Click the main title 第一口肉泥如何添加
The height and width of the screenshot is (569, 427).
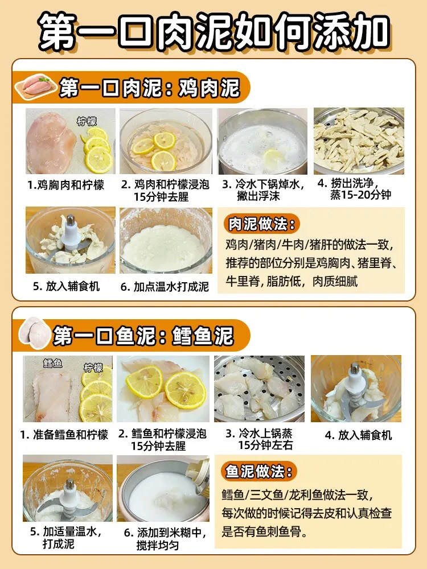coord(214,32)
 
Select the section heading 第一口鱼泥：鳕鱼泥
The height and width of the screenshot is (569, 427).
coord(143,336)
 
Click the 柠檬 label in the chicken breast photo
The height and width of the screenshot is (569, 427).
coord(87,121)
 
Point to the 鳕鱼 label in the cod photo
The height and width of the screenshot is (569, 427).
coord(52,363)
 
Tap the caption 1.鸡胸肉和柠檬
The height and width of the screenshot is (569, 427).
coord(65,185)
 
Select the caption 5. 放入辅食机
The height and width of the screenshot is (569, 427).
coord(67,286)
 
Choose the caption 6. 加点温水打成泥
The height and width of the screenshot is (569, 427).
coord(165,287)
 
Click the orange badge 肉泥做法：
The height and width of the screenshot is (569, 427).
coord(261,224)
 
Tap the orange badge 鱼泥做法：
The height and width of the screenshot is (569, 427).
coord(258,471)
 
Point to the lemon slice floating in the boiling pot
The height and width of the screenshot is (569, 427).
coord(273,158)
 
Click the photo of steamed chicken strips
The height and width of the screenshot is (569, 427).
coord(359,141)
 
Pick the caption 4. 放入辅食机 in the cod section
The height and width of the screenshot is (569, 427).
coord(358,435)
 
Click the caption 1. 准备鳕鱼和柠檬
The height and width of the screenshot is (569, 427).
coord(64,435)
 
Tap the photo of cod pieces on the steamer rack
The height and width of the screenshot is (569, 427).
coord(259,389)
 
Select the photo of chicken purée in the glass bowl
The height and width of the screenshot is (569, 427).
coord(166,240)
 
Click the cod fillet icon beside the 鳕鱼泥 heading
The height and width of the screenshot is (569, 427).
coord(35,333)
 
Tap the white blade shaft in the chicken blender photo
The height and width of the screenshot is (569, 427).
coord(71,232)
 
